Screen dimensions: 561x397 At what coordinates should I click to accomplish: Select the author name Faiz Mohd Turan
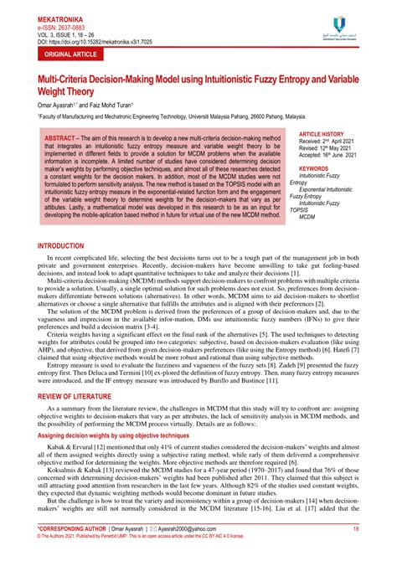[x=111, y=106]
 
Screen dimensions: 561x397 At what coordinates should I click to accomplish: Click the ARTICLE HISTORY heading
[x=322, y=134]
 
